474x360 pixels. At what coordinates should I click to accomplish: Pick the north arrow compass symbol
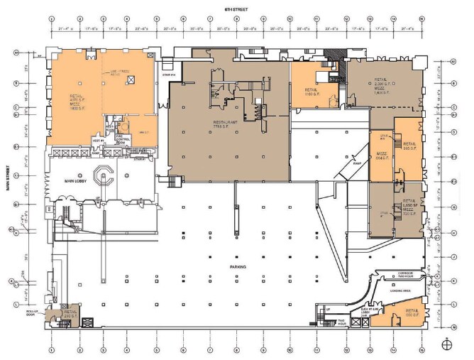(446, 345)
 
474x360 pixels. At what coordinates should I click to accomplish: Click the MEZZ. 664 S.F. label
(381, 156)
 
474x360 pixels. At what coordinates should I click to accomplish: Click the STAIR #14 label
(168, 75)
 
